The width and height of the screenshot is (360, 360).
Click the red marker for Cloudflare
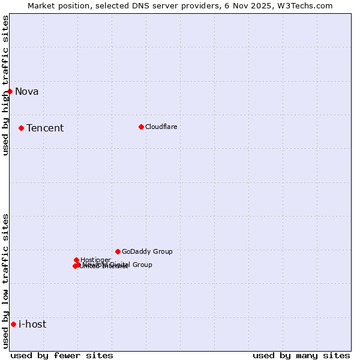[141, 127]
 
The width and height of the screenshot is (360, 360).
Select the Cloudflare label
[161, 127]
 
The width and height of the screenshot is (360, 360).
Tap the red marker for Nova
[10, 91]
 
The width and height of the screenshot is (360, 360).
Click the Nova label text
[26, 91]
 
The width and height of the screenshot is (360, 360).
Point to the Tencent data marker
[21, 128]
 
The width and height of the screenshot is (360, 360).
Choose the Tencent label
[45, 128]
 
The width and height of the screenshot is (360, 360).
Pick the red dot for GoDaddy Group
[118, 251]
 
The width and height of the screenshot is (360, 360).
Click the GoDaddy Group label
[147, 251]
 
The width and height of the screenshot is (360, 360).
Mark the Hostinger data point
[76, 260]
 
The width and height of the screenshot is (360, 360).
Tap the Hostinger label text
[95, 260]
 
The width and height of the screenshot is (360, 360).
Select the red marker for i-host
[13, 324]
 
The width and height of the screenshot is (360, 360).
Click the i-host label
[32, 324]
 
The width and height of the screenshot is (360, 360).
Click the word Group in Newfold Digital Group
[142, 265]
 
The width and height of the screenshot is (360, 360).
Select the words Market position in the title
[55, 5]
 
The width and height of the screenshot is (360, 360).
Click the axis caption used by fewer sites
[62, 355]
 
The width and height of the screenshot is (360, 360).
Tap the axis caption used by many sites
[301, 355]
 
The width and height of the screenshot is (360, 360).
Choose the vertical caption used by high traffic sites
[5, 85]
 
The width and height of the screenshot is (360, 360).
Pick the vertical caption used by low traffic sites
[5, 281]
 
